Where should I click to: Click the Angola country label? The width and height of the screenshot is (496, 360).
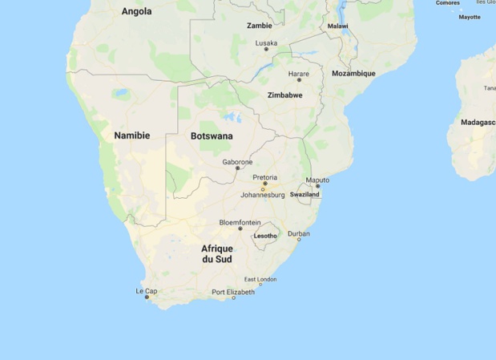136,11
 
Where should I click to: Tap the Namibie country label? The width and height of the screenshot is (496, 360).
131,136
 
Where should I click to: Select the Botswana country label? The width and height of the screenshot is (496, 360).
212,136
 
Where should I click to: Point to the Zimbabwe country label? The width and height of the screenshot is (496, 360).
284,95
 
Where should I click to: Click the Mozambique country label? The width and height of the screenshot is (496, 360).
353,73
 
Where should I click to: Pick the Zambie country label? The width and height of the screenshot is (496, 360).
260,26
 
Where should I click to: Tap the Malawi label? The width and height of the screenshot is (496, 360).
338,26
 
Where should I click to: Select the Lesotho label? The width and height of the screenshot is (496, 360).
265,236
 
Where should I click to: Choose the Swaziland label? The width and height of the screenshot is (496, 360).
305,195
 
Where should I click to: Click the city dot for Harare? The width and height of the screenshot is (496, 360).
299,80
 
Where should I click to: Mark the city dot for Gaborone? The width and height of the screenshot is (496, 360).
237,168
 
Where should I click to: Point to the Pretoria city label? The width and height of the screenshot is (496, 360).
264,176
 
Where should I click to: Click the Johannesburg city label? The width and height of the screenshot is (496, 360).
263,195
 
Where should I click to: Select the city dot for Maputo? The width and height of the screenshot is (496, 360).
317,186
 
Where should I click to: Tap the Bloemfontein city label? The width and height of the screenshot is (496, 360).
240,221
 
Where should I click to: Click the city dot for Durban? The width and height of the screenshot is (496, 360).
298,239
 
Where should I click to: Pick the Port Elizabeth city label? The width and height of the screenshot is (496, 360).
233,292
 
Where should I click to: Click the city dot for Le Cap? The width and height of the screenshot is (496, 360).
147,297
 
